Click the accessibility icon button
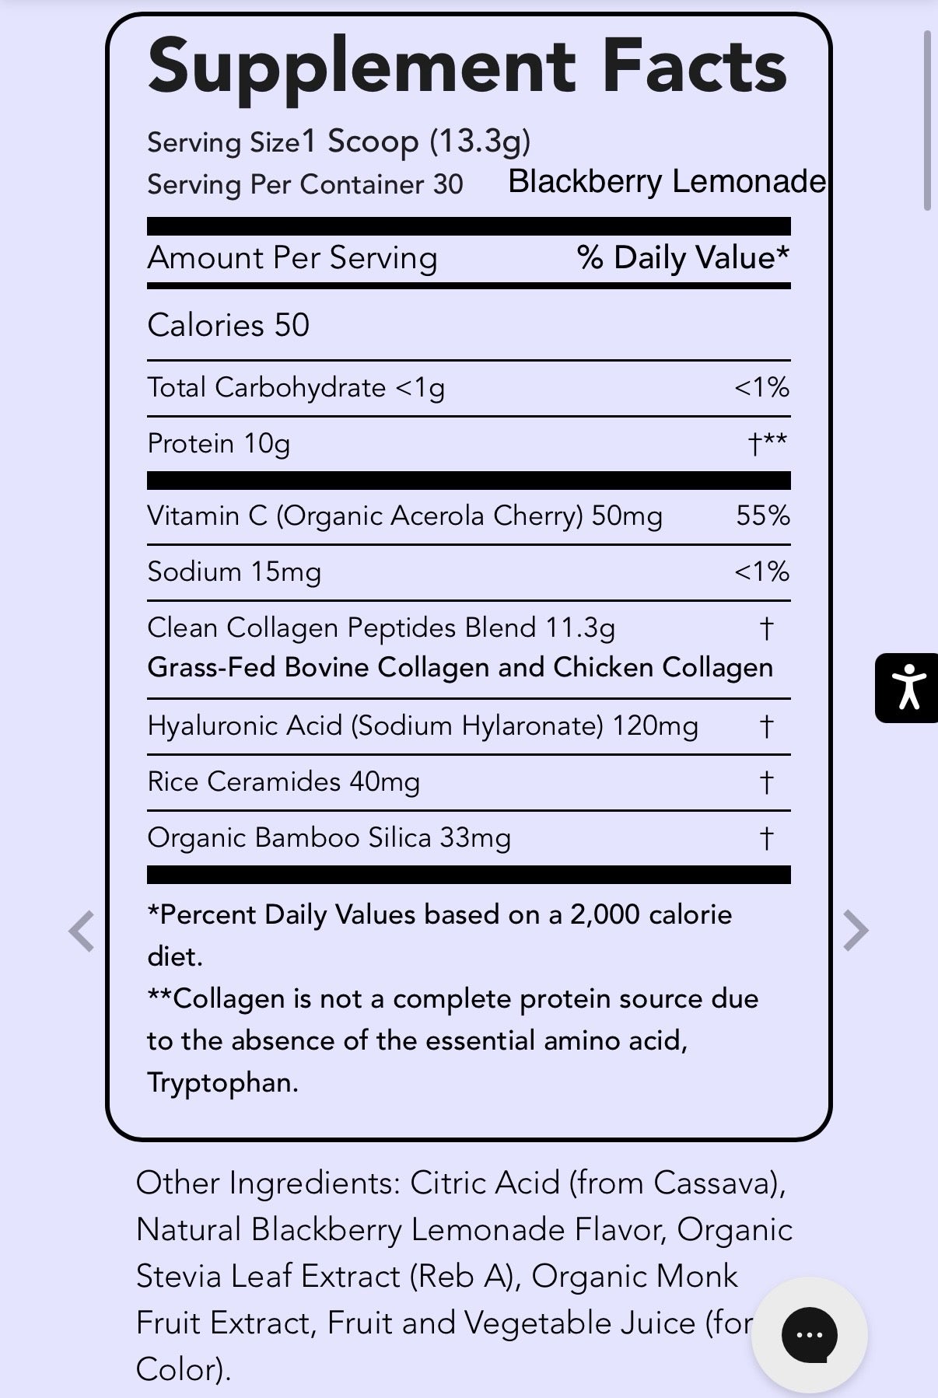[x=907, y=688]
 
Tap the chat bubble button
[x=809, y=1334]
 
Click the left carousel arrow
[x=82, y=931]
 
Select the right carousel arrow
[x=855, y=931]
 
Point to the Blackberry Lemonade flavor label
[x=667, y=182]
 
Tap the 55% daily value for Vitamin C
[x=762, y=516]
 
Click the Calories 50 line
[x=228, y=325]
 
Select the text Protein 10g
[x=219, y=443]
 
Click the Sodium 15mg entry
[x=234, y=571]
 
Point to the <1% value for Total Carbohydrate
[x=761, y=387]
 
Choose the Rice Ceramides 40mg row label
[x=283, y=781]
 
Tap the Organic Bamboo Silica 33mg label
[x=329, y=837]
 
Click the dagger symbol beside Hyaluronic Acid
[x=766, y=726]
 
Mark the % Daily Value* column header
[x=683, y=257]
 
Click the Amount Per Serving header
[x=292, y=257]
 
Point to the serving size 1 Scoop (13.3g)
[x=416, y=142]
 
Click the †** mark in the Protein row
[x=767, y=443]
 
